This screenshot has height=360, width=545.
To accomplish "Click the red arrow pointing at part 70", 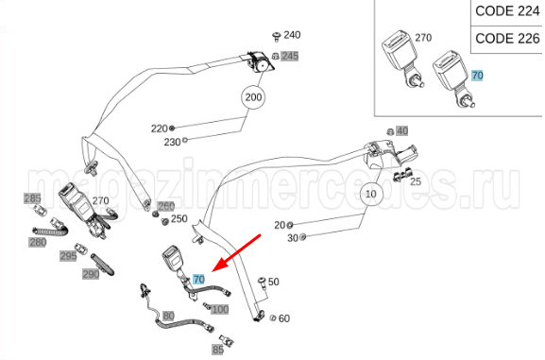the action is [236, 253].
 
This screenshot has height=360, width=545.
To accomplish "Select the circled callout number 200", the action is [253, 97].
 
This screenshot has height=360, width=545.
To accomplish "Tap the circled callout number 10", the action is [371, 194].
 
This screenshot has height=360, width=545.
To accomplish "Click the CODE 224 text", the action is [507, 11].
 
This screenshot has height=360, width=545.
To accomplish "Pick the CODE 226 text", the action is [507, 38].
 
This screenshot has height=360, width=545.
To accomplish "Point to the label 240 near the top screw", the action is [292, 35].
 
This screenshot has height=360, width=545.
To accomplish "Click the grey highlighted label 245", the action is [290, 56].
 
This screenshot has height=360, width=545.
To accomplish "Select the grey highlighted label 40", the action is [402, 131].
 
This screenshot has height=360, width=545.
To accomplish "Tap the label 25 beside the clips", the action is [416, 181].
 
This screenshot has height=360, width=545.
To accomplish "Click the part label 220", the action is [160, 129].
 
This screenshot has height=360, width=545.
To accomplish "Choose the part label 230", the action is [172, 142].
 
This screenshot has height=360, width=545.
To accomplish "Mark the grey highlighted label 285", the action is [32, 198].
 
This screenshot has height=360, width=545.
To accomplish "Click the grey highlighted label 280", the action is [38, 243].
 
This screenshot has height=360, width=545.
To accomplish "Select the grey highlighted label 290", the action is [91, 274].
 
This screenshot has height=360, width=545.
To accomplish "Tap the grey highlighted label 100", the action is [220, 309].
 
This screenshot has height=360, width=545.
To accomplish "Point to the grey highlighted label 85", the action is [218, 350].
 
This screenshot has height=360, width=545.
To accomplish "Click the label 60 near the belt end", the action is [284, 318].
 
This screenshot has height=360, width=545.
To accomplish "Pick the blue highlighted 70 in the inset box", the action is [477, 76].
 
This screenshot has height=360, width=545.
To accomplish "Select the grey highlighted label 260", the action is [166, 206].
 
